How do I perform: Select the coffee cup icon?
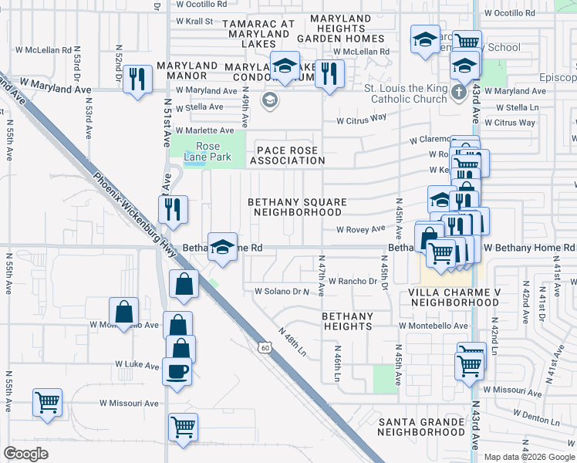(x=177, y=371)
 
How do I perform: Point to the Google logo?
(x=26, y=454)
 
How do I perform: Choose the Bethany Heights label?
(x=347, y=321)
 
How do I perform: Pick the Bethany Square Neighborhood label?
(x=297, y=207)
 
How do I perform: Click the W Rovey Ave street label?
(x=360, y=229)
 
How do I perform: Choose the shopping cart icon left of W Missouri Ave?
(x=47, y=401)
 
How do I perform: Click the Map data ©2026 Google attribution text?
(x=528, y=456)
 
